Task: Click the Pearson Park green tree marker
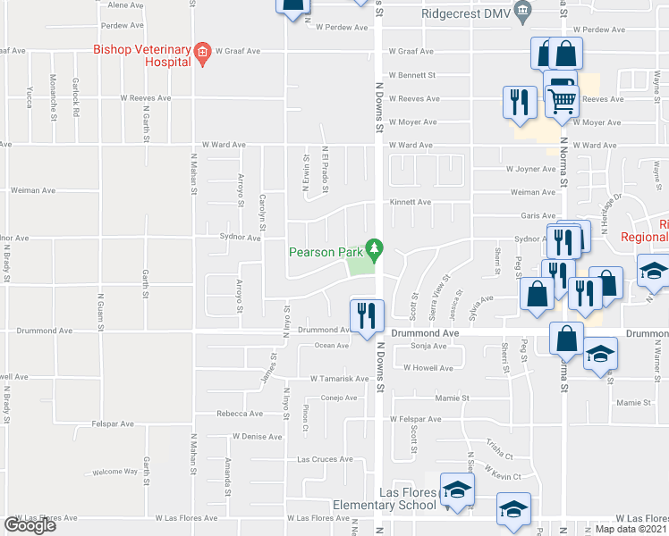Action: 377,247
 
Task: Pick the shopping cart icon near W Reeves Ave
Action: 562,101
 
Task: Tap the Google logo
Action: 30,525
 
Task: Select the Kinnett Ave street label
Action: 410,203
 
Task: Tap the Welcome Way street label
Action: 115,471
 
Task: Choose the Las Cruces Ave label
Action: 325,459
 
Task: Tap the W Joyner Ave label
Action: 530,168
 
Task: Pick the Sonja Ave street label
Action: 428,345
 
